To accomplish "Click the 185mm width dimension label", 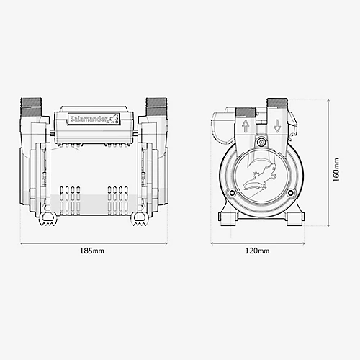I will pyautogui.click(x=91, y=251).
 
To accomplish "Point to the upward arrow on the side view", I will pyautogui.click(x=246, y=127).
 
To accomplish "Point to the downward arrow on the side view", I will pyautogui.click(x=277, y=127).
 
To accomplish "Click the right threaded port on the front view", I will pyautogui.click(x=155, y=108).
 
